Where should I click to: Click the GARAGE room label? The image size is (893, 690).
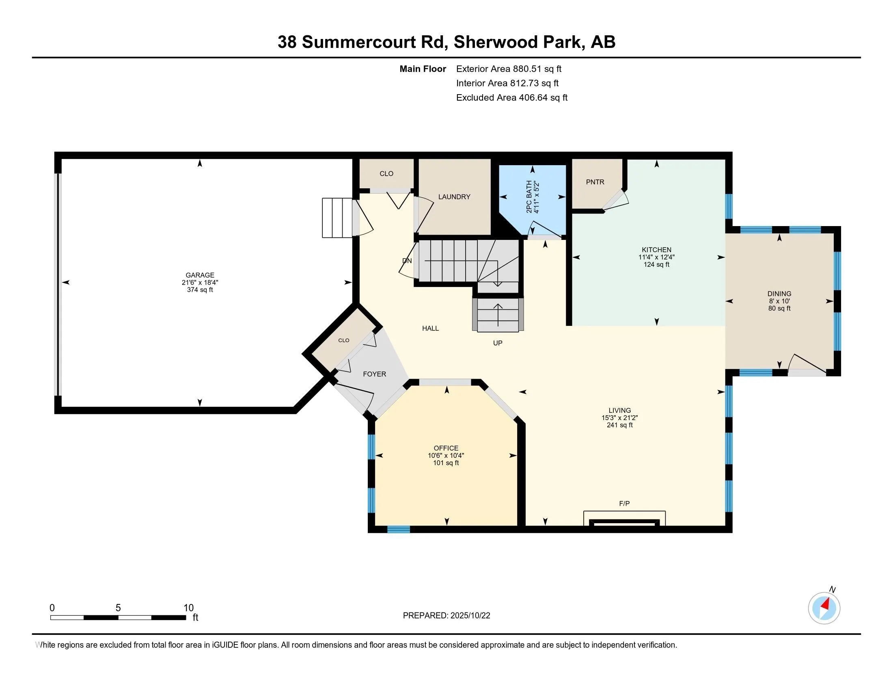click(x=200, y=275)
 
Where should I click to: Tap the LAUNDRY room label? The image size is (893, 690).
click(x=454, y=197)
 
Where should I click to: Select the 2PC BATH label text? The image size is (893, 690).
click(x=529, y=197)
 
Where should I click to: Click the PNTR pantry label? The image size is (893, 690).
click(x=595, y=182)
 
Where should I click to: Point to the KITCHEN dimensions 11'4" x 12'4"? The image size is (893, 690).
click(x=656, y=257)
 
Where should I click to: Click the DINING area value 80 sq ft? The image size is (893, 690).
click(x=779, y=308)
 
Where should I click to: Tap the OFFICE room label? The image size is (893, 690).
click(x=446, y=448)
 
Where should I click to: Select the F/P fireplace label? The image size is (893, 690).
click(x=624, y=504)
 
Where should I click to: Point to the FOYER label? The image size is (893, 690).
click(x=374, y=374)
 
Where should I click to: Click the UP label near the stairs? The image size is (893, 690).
click(x=497, y=343)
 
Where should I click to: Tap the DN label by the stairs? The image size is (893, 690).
click(x=407, y=261)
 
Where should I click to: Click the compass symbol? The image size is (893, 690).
click(x=824, y=608)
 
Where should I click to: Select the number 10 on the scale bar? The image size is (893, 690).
click(x=188, y=608)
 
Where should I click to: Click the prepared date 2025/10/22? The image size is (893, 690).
click(x=470, y=616)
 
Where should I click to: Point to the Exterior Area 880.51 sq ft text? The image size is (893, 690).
click(x=509, y=69)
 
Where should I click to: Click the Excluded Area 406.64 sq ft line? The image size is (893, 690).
click(x=511, y=98)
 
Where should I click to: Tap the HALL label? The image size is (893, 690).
click(x=430, y=328)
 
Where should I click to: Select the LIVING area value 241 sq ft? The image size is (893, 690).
click(x=619, y=425)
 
